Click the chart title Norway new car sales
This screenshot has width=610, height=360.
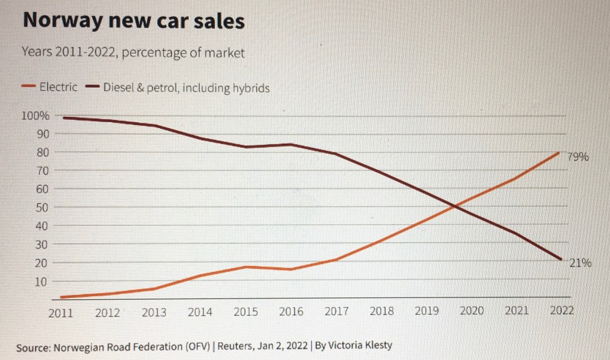tap(133, 21)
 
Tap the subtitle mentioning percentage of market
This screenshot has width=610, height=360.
tap(133, 52)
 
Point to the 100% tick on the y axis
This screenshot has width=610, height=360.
tap(36, 115)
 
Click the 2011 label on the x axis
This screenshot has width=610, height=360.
tap(61, 312)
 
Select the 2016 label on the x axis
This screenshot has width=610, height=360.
tap(291, 311)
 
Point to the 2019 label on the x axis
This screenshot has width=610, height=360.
tap(427, 311)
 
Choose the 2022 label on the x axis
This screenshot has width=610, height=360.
tap(561, 311)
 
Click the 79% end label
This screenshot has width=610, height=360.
tap(577, 157)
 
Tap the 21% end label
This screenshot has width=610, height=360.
tap(580, 262)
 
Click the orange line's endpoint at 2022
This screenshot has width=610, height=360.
tap(559, 152)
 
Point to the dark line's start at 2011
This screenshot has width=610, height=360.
tap(63, 117)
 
